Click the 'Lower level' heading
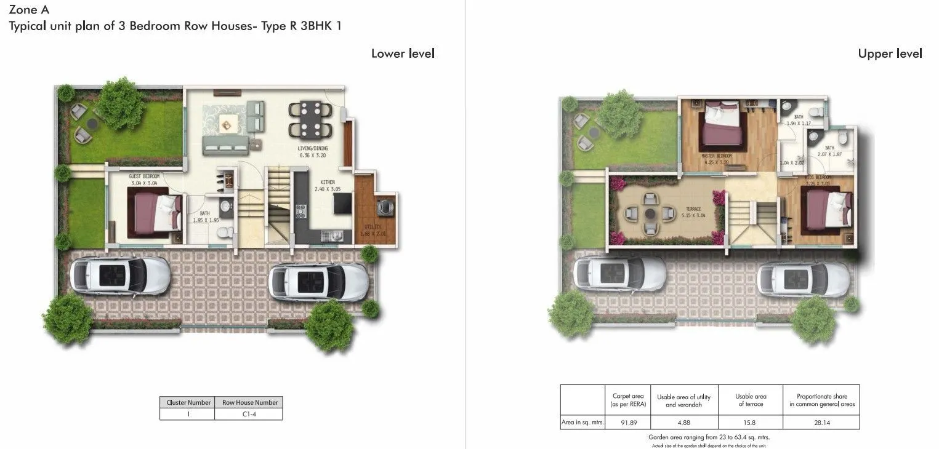click(x=403, y=54)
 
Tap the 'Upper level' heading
click(x=890, y=54)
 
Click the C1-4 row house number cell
click(x=249, y=415)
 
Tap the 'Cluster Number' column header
click(x=188, y=402)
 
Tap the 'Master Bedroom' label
click(x=717, y=157)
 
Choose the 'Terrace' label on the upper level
click(x=693, y=210)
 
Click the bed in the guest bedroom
click(x=155, y=212)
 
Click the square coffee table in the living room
click(x=226, y=125)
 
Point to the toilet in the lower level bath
click(x=225, y=232)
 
